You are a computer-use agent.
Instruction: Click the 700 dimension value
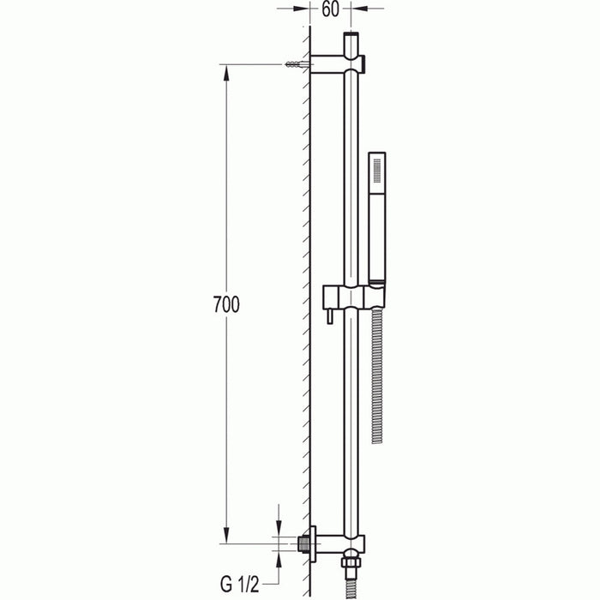point(227,303)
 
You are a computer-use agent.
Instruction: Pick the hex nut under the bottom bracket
point(351,567)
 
